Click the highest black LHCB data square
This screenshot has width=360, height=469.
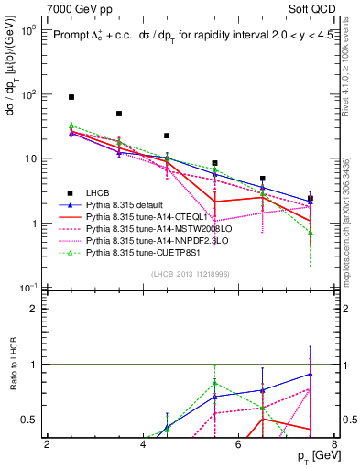coord(71,96)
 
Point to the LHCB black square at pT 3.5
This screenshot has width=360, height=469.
coord(119,114)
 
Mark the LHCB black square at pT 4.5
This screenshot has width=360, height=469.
coord(167,136)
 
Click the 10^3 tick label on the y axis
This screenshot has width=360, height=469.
coord(27,29)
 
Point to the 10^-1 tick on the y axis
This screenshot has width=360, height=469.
coord(27,288)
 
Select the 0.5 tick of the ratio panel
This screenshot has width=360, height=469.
coord(31,420)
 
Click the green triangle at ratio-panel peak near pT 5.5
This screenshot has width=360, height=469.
coord(214,382)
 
